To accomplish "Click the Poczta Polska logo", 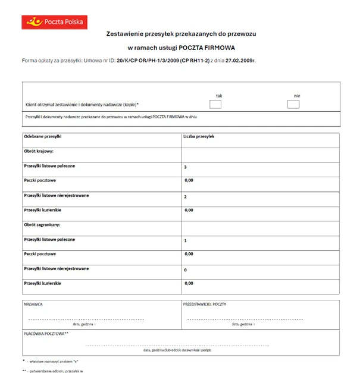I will click(54, 22).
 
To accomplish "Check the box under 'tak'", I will click(215, 105).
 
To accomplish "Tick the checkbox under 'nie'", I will click(293, 105).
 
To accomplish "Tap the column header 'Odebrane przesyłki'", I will click(43, 137).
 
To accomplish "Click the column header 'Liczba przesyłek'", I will click(199, 137).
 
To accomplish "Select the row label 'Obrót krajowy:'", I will click(39, 151).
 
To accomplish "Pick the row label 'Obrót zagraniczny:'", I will click(43, 225).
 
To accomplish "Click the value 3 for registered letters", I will click(186, 167).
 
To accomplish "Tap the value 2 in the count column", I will click(186, 196).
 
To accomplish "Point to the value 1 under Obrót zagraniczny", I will click(186, 240).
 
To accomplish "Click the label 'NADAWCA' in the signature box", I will click(33, 304).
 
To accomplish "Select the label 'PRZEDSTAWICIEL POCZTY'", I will click(205, 304).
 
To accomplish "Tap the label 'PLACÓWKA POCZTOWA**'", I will click(46, 334).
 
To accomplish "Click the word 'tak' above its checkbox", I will click(219, 95).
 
